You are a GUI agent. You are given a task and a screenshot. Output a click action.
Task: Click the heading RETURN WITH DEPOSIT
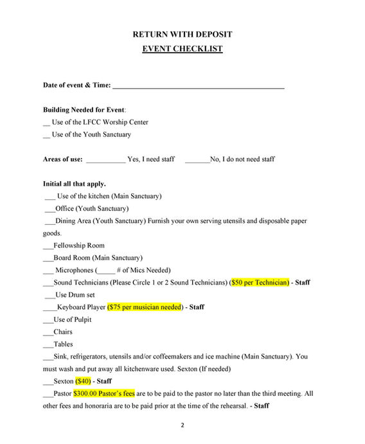(182, 34)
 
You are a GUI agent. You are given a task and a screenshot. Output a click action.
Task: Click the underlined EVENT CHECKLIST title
(182, 49)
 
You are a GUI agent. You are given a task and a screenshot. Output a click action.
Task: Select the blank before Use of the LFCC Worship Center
(46, 123)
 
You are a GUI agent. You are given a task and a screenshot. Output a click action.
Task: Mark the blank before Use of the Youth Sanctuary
(46, 135)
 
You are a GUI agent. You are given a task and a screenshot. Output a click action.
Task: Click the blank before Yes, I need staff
(105, 160)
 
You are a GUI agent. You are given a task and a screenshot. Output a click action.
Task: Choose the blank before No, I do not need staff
(197, 160)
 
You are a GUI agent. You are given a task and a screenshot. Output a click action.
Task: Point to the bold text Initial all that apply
(75, 184)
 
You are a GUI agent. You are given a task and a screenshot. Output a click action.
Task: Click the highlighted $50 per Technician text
(260, 283)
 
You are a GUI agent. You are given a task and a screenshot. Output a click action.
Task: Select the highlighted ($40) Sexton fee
(84, 381)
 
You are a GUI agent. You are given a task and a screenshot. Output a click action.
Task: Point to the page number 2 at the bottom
(182, 425)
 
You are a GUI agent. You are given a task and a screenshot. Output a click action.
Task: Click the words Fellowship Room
(79, 245)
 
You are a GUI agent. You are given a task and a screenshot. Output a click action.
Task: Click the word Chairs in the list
(63, 332)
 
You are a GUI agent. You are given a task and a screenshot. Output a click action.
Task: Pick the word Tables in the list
(63, 344)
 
